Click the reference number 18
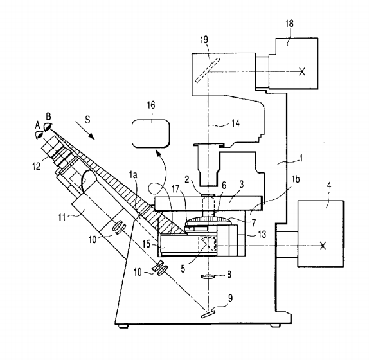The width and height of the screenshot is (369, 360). tap(290, 24)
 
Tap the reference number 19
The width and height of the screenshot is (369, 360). tap(204, 39)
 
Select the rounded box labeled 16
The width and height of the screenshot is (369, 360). tap(151, 134)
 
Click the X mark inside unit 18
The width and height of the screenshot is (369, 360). tap(302, 71)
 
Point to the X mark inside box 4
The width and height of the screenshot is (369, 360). tap(323, 246)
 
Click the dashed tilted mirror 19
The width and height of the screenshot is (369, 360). tap(208, 70)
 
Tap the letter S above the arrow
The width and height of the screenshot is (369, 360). tap(87, 120)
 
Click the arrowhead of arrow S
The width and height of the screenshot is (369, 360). tap(92, 136)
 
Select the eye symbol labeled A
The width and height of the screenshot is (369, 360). tap(39, 135)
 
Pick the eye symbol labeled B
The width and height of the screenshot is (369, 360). tap(48, 127)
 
